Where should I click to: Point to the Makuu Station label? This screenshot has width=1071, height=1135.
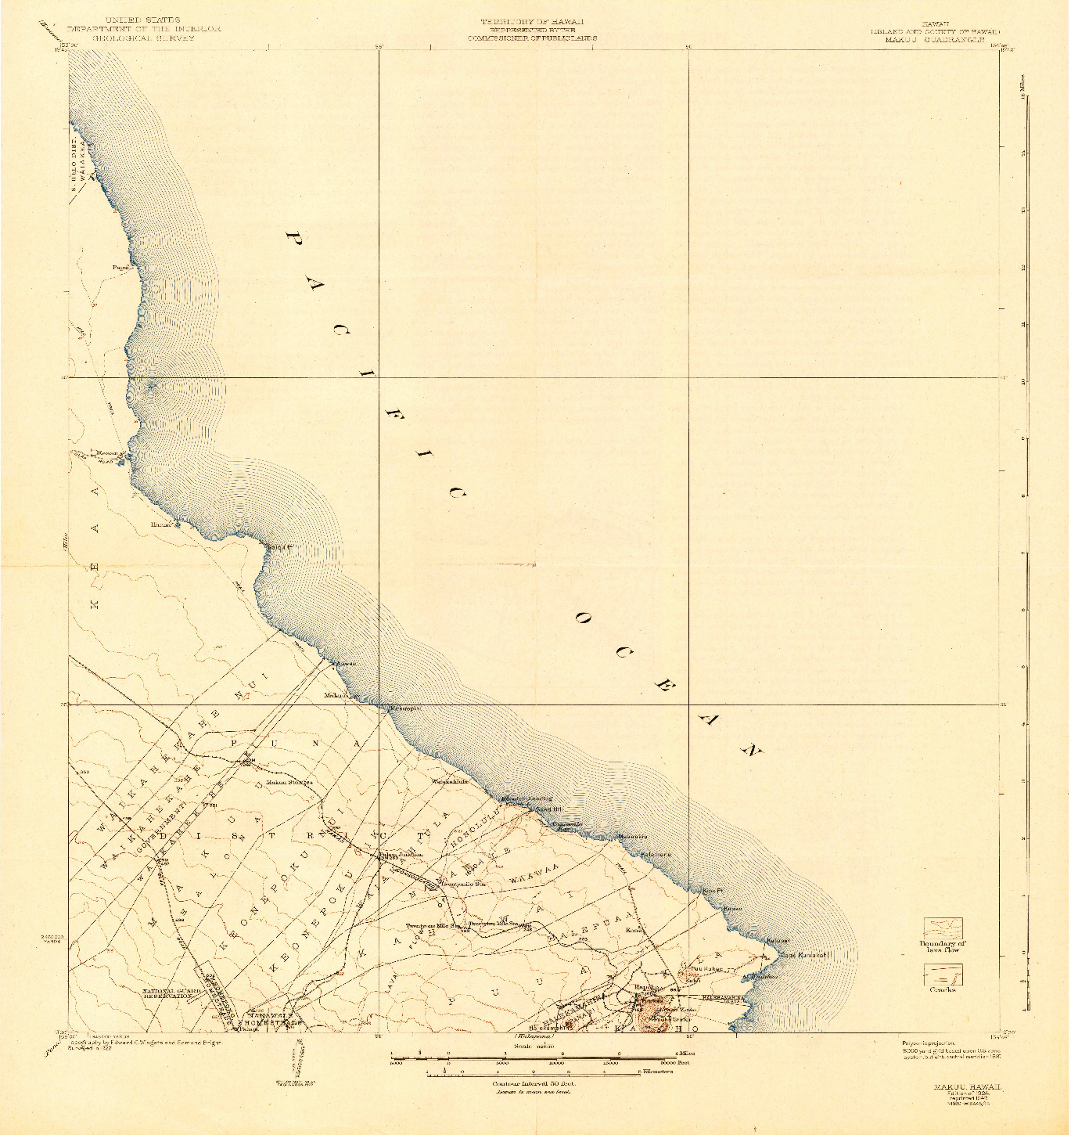coord(289,782)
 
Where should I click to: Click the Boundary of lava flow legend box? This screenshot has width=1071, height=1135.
coord(943,928)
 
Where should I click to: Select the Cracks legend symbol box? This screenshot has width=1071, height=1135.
coord(943,975)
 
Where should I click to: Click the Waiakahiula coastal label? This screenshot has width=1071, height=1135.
coord(450,781)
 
